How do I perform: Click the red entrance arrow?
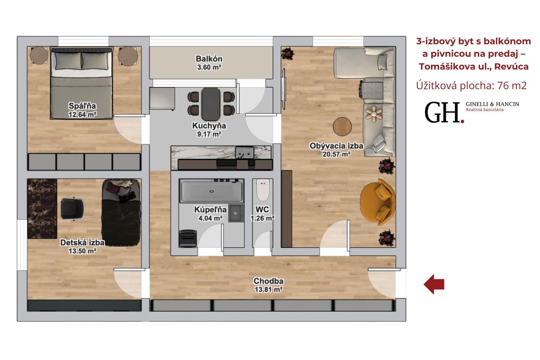click(x=434, y=284)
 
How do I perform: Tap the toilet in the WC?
click(x=263, y=190)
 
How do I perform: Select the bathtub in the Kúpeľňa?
click(x=212, y=191)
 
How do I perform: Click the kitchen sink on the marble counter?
click(x=244, y=152)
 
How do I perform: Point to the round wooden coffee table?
click(x=342, y=126)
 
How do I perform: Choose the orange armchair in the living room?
click(x=378, y=202)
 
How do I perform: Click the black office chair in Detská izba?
click(x=72, y=209)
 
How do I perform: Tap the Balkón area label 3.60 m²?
click(x=209, y=67)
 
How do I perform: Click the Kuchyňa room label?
click(x=209, y=126)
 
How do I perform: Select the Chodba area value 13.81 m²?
click(x=269, y=289)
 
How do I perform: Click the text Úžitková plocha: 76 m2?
click(x=471, y=85)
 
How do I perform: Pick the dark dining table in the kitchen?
click(x=211, y=104)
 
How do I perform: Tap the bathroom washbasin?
click(x=236, y=213)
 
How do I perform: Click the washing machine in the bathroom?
click(x=188, y=238)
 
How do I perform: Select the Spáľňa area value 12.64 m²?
click(x=82, y=114)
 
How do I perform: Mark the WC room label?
click(x=262, y=209)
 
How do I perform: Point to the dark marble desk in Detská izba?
click(x=42, y=209)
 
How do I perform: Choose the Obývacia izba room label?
click(x=336, y=146)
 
